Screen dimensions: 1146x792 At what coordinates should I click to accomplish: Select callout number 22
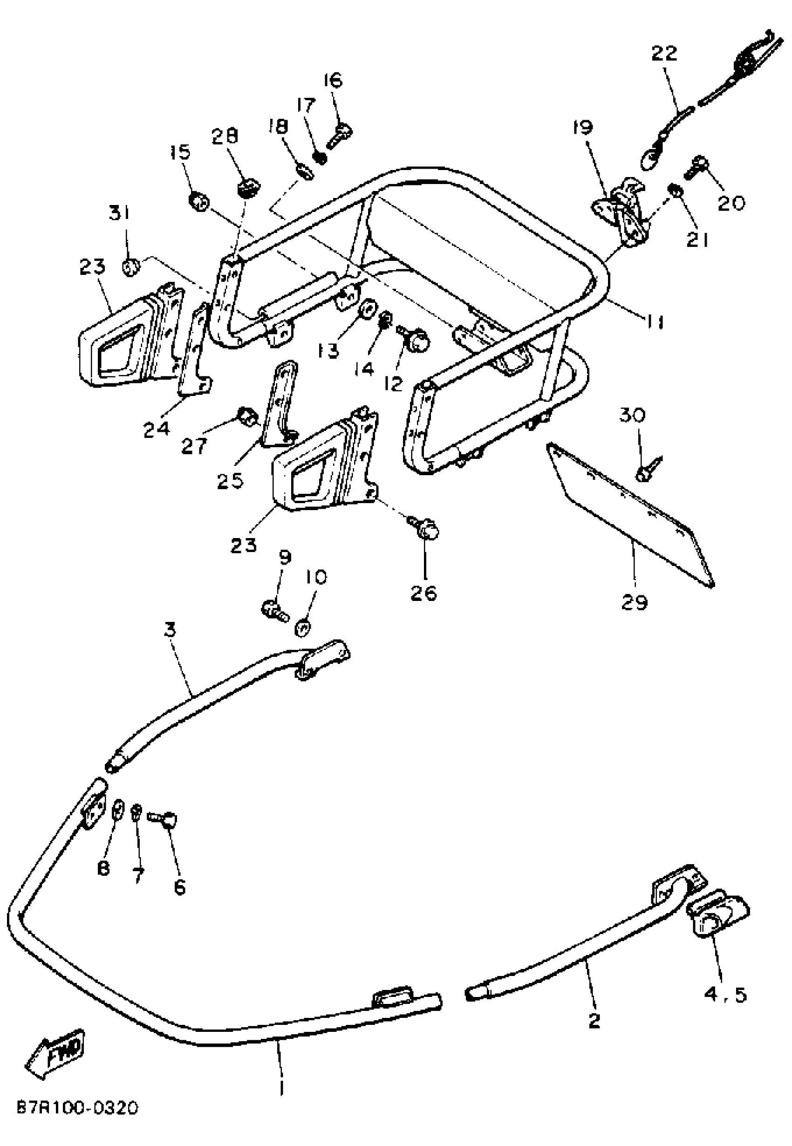[x=664, y=53]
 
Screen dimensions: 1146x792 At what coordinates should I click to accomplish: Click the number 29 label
[x=635, y=602]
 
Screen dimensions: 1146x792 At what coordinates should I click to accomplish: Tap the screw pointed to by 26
[x=426, y=531]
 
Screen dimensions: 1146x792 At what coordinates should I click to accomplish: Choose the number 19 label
[x=583, y=127]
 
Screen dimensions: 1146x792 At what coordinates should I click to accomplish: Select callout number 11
[x=655, y=322]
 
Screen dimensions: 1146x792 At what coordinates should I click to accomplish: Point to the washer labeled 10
[x=303, y=628]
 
